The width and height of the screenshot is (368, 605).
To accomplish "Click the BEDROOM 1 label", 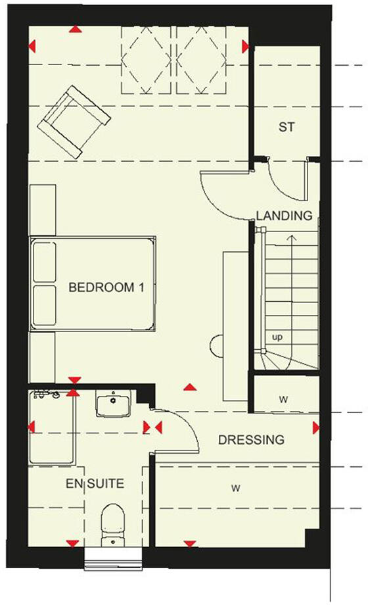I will (x=106, y=287).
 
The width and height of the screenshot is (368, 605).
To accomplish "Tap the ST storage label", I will (x=286, y=128).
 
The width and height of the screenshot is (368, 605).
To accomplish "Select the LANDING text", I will (x=284, y=215).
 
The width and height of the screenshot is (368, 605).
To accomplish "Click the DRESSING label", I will (x=251, y=439).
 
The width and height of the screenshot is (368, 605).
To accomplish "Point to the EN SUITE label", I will (x=94, y=484).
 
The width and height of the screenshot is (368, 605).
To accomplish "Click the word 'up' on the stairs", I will (x=278, y=337).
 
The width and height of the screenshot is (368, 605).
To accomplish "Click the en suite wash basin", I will (x=113, y=403).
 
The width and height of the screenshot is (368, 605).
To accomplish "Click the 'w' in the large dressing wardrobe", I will (x=234, y=488).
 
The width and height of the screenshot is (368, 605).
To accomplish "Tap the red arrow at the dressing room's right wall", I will (x=316, y=428).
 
